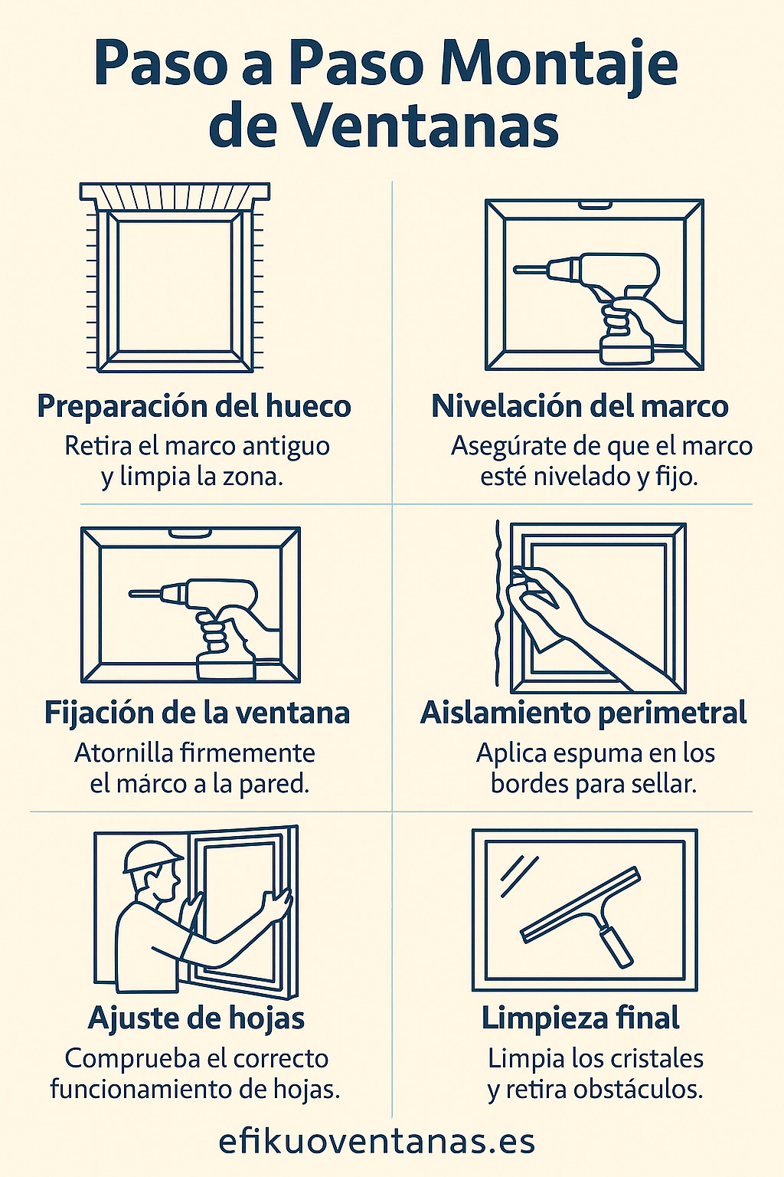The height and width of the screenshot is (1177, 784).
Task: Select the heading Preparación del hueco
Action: (x=194, y=406)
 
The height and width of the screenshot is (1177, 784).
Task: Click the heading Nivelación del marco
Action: (x=580, y=406)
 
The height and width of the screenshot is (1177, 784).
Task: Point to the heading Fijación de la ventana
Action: (x=197, y=713)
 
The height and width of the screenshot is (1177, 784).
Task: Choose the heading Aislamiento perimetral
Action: (x=583, y=713)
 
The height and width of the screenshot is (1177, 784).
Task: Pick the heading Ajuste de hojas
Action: (x=197, y=1018)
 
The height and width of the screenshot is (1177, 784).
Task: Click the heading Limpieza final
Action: (x=580, y=1018)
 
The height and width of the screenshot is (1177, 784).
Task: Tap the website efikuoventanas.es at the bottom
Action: (x=377, y=1141)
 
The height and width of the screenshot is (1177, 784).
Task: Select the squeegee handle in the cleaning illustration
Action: (x=616, y=946)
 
